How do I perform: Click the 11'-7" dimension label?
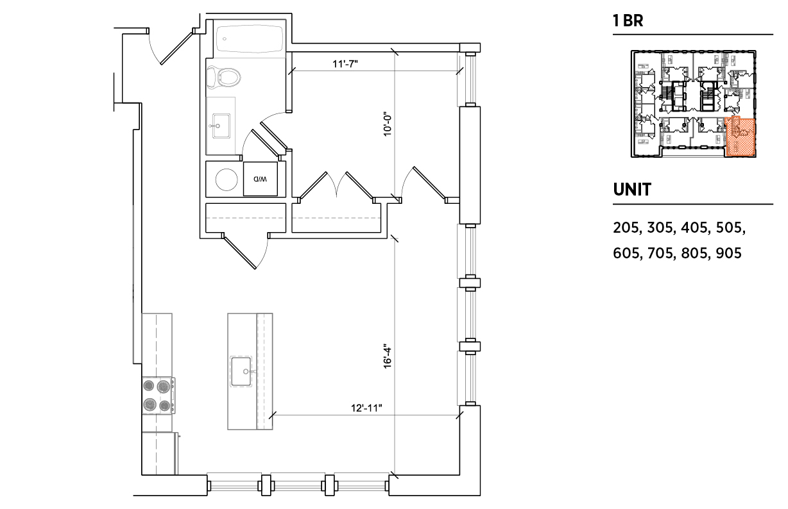[345, 64]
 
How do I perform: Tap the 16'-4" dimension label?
[388, 356]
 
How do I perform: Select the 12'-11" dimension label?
[366, 408]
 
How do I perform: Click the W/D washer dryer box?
[261, 179]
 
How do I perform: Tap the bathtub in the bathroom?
[249, 38]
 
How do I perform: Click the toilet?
[224, 78]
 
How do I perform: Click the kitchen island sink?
[241, 372]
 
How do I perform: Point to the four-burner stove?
[158, 396]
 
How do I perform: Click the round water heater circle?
[227, 179]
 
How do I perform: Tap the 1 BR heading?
[628, 21]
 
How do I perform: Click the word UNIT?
[632, 190]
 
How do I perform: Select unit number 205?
[626, 228]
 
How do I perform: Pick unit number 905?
[728, 253]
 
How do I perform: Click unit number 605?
[626, 253]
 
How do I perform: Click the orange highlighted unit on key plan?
[740, 137]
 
